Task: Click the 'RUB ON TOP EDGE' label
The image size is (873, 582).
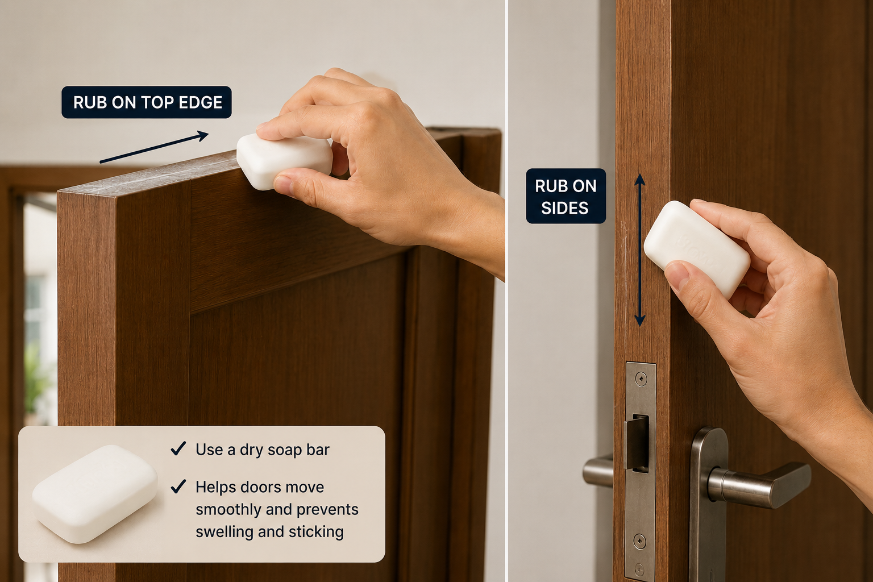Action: pos(147,102)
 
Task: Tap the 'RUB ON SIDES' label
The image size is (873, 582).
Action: pos(566,196)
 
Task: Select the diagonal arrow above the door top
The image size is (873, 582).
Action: pos(155,147)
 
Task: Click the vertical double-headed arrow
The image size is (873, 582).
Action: pos(639,250)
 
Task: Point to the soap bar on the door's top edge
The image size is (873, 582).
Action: pos(285,161)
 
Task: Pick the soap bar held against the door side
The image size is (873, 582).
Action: pos(696,249)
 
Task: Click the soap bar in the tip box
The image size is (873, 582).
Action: pos(95,494)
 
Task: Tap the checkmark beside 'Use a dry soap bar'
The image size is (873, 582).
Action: pos(178,448)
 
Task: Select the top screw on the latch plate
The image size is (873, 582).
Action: pos(641,378)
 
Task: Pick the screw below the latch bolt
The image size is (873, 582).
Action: pos(639,542)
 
